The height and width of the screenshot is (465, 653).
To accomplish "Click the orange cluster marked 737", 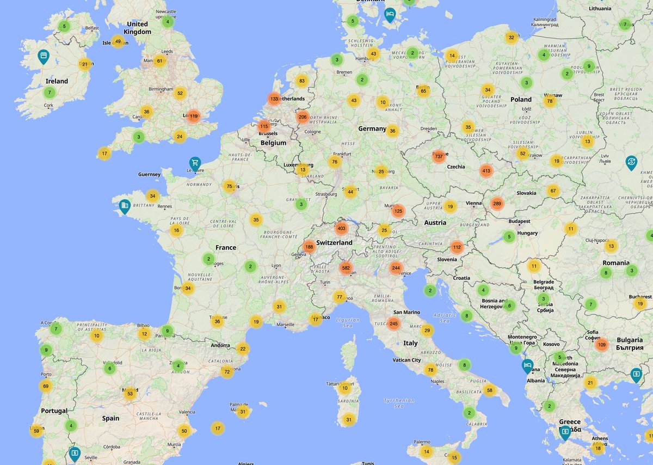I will [439, 156].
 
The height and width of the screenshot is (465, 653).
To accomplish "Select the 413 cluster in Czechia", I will [486, 170].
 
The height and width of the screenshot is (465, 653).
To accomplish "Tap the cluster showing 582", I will [346, 268].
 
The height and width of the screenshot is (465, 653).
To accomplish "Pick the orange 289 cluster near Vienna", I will [496, 204].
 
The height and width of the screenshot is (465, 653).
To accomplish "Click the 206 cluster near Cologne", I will [303, 117].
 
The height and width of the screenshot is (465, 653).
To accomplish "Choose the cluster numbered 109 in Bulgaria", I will [601, 344].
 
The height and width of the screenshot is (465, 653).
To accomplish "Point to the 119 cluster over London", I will [193, 116].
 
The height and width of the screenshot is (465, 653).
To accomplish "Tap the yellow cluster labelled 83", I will [302, 81].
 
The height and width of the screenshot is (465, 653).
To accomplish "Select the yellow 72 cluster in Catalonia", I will [227, 372].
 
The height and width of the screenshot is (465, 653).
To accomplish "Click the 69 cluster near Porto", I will [46, 386].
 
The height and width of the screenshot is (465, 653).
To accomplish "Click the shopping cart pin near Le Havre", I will [195, 163].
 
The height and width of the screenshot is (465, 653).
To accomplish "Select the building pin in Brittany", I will [125, 206].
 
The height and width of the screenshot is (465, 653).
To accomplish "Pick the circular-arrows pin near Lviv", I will [631, 162].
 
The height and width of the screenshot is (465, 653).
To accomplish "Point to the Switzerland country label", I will [334, 242].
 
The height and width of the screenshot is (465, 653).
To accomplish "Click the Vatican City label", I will [406, 360].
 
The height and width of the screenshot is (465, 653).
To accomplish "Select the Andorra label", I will [220, 345].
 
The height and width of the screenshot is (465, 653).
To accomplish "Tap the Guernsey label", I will [150, 174].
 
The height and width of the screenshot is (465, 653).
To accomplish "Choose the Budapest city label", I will [519, 222].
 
